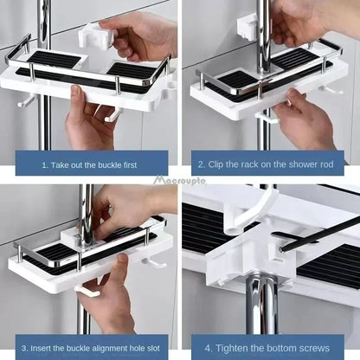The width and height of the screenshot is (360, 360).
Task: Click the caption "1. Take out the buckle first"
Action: [x=91, y=163]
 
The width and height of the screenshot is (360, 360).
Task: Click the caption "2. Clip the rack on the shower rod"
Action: [x=269, y=163]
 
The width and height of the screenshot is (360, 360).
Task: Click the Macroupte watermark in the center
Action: [x=180, y=181]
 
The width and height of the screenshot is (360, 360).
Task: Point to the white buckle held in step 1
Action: [x=98, y=40]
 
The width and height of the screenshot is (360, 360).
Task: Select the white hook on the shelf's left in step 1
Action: [x=26, y=100]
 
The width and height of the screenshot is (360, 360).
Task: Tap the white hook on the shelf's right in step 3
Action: [x=157, y=260]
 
